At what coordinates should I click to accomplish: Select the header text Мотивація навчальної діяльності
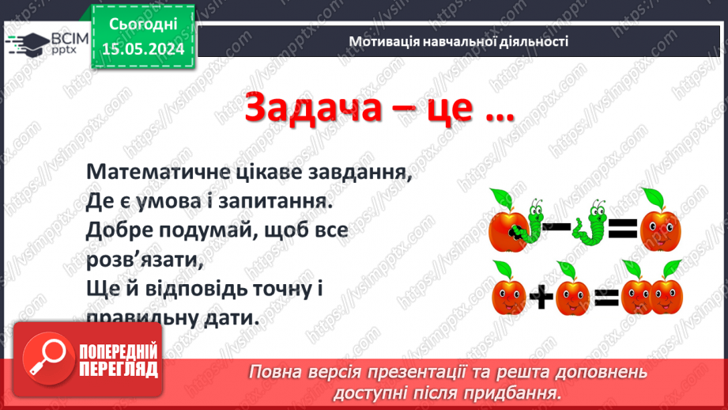tap(458, 42)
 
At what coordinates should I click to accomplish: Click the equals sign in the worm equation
tap(621, 230)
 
